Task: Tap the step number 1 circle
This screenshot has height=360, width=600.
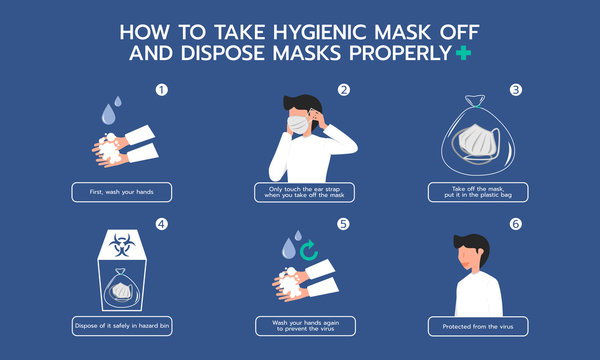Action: tap(159, 90)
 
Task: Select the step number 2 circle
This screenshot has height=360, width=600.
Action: tap(343, 90)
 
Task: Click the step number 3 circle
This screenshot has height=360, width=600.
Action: tap(517, 90)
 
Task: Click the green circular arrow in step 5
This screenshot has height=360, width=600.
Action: tap(310, 246)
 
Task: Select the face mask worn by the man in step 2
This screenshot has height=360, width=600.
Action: tap(298, 124)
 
